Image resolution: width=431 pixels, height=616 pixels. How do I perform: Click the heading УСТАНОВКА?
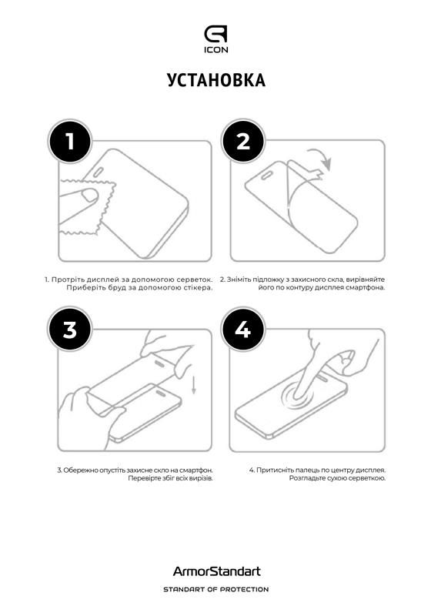pyautogui.click(x=215, y=80)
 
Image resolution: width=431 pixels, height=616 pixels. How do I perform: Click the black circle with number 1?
pyautogui.click(x=70, y=142)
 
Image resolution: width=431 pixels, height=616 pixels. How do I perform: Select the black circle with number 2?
pyautogui.click(x=243, y=142)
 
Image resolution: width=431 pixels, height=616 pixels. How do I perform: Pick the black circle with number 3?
pyautogui.click(x=70, y=330)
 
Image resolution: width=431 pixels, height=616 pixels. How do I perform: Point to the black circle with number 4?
pyautogui.click(x=243, y=330)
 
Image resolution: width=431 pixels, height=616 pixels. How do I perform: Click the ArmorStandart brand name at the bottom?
pyautogui.click(x=215, y=571)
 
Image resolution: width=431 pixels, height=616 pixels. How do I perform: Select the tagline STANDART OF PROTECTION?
pyautogui.click(x=215, y=589)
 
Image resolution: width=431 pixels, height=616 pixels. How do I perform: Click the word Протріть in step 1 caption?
pyautogui.click(x=67, y=279)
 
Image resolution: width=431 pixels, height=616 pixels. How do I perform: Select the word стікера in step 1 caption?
pyautogui.click(x=195, y=287)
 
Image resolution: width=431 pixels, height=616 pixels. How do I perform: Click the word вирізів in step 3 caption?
pyautogui.click(x=200, y=478)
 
